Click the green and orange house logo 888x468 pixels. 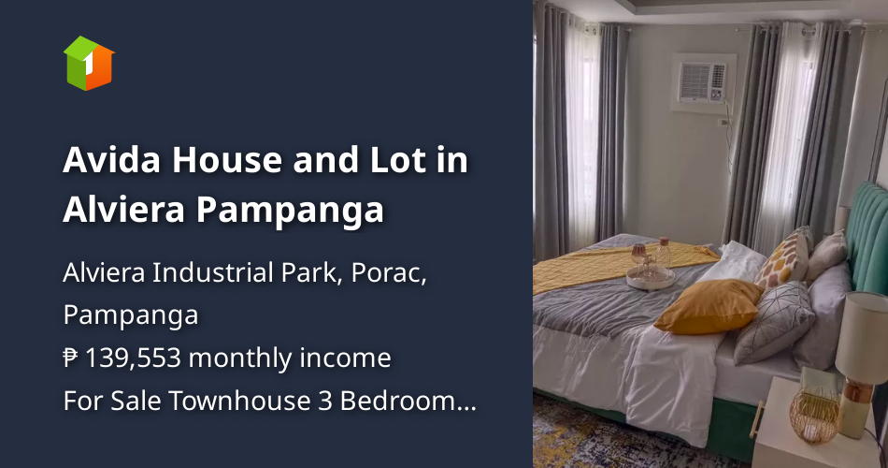(89, 63)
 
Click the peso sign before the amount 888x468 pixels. (71, 358)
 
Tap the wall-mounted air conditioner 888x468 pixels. (702, 80)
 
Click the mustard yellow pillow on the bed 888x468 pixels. (709, 306)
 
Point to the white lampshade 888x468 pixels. (861, 337)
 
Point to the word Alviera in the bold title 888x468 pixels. (123, 210)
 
